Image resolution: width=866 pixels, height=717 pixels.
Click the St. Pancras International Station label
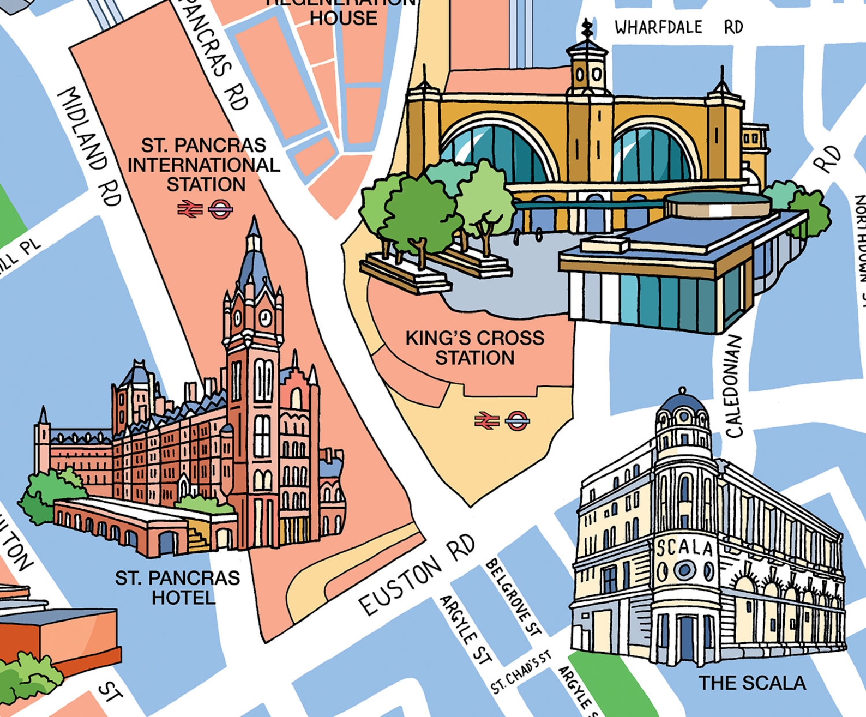[x=203, y=165]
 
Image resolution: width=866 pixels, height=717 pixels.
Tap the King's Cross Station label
[x=474, y=348]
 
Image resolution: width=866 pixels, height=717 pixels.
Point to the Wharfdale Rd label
[x=678, y=27]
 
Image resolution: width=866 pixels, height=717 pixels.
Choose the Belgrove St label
[x=513, y=597]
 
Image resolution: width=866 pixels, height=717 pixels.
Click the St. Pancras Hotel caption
[x=178, y=588]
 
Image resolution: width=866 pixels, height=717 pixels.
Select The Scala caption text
[x=752, y=683]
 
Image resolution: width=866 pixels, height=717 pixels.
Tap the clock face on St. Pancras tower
[x=265, y=317]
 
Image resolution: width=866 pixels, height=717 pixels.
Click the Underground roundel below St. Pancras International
[x=220, y=209]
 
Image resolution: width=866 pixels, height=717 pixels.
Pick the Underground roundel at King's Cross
[x=517, y=420]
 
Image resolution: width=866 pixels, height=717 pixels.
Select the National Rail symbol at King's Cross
[x=486, y=420]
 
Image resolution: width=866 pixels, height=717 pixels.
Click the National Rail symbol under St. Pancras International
[x=190, y=209]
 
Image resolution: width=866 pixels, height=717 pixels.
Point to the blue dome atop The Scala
[x=683, y=402]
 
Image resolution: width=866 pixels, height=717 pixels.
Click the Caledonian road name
[x=734, y=386]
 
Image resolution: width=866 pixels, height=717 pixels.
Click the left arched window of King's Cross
[x=499, y=153]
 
